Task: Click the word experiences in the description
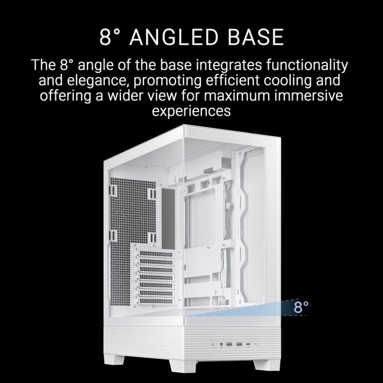coord(191,112)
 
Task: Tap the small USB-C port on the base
coord(249,345)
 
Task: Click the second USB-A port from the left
coord(238,345)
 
